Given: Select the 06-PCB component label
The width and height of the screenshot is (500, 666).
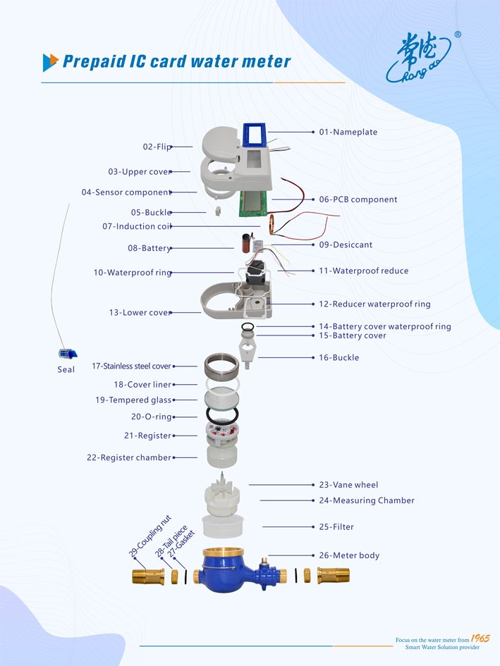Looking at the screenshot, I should (358, 199).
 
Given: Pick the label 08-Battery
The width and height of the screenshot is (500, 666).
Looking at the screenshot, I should (149, 248).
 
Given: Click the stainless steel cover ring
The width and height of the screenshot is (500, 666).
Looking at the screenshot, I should (221, 366).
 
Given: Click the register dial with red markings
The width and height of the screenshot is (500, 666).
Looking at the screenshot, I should (222, 433).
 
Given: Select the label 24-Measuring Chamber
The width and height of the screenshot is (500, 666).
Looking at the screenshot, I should (366, 500).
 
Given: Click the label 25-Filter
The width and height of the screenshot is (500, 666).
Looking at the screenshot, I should (336, 526).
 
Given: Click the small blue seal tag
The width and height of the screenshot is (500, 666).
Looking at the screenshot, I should (68, 353).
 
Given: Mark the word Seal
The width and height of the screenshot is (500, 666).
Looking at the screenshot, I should (66, 369).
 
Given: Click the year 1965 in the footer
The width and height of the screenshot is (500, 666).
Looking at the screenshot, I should (480, 639).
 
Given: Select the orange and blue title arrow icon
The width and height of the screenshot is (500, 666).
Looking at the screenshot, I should (50, 62).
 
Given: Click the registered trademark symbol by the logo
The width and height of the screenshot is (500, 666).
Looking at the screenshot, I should (458, 34).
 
